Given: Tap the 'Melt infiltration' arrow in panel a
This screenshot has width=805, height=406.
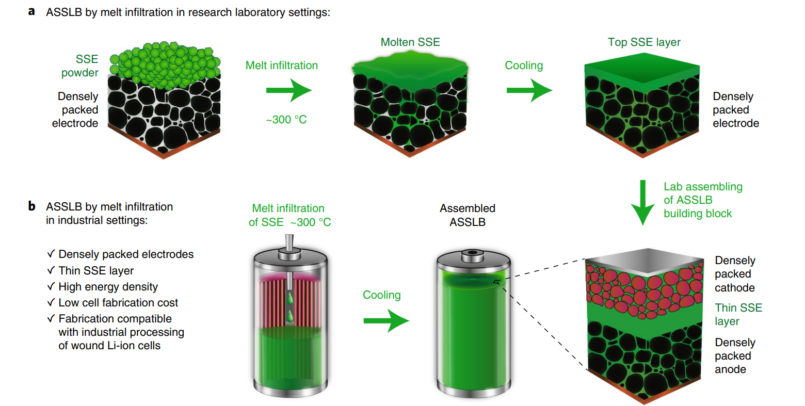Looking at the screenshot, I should pyautogui.click(x=288, y=91).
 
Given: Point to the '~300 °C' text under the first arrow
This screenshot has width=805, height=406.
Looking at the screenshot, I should pyautogui.click(x=286, y=120).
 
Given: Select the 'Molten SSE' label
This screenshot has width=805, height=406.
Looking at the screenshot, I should pyautogui.click(x=410, y=42).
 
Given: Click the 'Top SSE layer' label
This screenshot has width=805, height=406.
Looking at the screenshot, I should pyautogui.click(x=644, y=42).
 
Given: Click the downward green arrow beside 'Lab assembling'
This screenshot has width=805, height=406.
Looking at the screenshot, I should pyautogui.click(x=642, y=202).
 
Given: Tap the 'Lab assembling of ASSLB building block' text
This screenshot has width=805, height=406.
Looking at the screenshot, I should pyautogui.click(x=702, y=200).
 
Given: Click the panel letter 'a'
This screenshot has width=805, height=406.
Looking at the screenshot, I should pyautogui.click(x=32, y=11).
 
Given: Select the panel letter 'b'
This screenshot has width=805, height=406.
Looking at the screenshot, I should pyautogui.click(x=32, y=206).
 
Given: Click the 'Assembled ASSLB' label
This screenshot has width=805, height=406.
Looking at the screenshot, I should pyautogui.click(x=468, y=215).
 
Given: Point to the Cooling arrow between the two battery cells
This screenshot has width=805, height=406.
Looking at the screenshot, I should pyautogui.click(x=386, y=321).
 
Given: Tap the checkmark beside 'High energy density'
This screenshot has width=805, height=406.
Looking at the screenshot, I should pyautogui.click(x=51, y=286).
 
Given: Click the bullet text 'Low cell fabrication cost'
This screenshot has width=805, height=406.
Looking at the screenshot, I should pyautogui.click(x=118, y=303).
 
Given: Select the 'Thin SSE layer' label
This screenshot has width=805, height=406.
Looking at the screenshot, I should pyautogui.click(x=738, y=314).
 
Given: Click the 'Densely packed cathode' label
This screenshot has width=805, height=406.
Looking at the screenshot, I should pyautogui.click(x=735, y=274).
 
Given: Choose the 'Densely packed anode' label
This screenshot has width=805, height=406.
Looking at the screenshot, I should pyautogui.click(x=735, y=356).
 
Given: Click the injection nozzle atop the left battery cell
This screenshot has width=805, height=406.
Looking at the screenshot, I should pyautogui.click(x=289, y=244).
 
